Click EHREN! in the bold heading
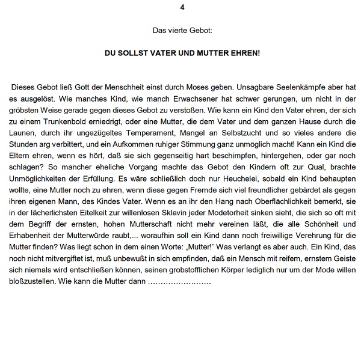243,52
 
